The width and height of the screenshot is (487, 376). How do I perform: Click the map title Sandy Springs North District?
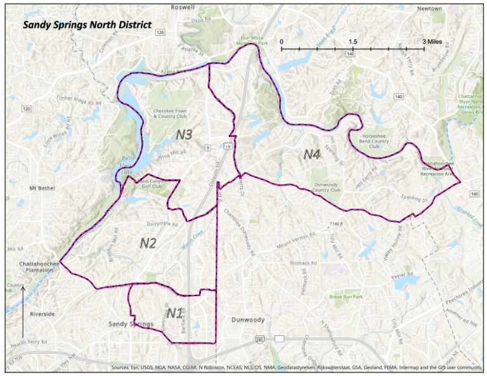tap(87, 25)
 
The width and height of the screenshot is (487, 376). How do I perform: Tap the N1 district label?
tap(175, 313)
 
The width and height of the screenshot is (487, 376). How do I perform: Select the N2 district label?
tap(148, 243)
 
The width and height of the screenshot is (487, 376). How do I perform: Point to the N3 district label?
tap(184, 134)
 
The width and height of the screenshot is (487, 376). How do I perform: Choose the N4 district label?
tap(311, 153)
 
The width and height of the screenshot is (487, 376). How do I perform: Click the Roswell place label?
tap(183, 7)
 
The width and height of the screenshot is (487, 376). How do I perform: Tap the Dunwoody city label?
tap(247, 320)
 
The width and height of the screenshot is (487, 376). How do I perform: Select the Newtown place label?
tap(429, 9)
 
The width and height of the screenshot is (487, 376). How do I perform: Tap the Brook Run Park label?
tap(345, 297)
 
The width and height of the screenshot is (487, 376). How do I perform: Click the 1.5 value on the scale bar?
tap(353, 41)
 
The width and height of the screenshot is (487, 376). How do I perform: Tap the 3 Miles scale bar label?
tap(434, 41)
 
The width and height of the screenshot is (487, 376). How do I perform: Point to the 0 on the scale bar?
tap(282, 41)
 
